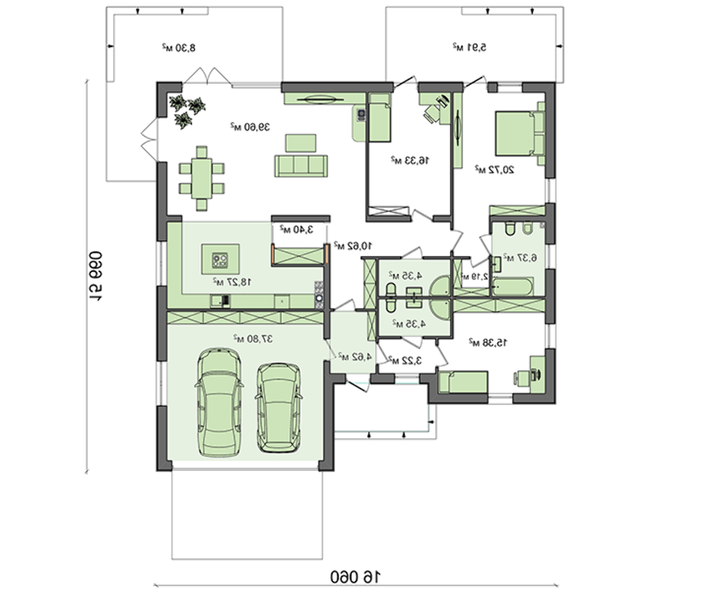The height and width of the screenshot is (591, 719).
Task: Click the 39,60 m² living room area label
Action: pos(249,127)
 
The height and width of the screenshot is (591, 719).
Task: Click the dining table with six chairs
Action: pos(202,178)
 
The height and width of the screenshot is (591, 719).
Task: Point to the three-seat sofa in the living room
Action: pos(300,165)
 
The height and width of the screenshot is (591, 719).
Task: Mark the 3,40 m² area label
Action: pos(298,229)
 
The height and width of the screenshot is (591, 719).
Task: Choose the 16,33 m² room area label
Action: pos(410,160)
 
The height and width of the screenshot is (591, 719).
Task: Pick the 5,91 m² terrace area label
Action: pos(470,47)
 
